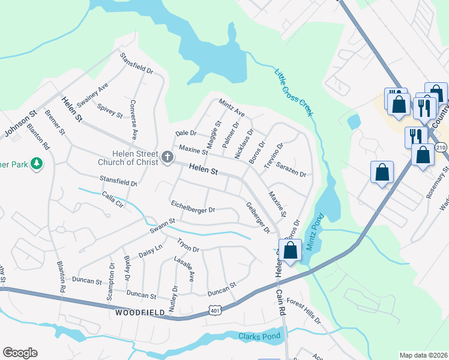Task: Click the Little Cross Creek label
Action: pos(295,94)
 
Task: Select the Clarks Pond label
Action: pos(259,336)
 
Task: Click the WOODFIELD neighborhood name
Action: pos(136,314)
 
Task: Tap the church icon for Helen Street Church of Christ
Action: pos(167,158)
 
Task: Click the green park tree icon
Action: pos(37,164)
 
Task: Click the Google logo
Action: pos(20,353)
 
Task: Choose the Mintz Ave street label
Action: pos(232,107)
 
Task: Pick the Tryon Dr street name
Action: pos(187,245)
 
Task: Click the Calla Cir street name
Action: pos(112,199)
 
